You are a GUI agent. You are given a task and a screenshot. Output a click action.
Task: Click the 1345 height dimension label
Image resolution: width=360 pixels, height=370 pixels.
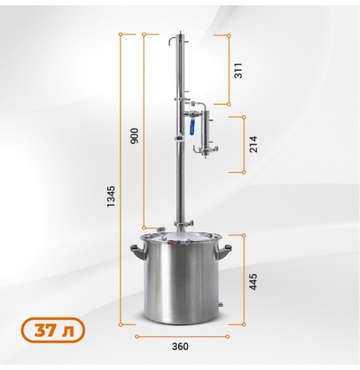click(111, 196)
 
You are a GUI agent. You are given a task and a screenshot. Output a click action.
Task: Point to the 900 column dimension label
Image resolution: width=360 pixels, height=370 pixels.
click(134, 136)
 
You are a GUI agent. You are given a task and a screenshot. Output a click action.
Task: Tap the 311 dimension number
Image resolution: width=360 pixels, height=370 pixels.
click(238, 70)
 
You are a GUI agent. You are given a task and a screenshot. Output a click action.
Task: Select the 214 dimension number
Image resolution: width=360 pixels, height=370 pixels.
click(253, 144)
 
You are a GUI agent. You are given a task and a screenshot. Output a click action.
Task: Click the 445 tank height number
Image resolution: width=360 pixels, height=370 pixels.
click(253, 282)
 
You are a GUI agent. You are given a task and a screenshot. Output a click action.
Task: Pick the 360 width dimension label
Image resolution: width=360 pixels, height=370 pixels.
click(180, 347)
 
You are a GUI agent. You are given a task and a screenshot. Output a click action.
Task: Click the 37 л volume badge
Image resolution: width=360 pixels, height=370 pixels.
click(53, 330)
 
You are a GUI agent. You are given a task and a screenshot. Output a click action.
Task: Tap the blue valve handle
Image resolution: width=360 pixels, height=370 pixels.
click(192, 127)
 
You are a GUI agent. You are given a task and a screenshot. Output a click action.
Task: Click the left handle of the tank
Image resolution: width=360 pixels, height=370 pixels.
click(137, 252)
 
